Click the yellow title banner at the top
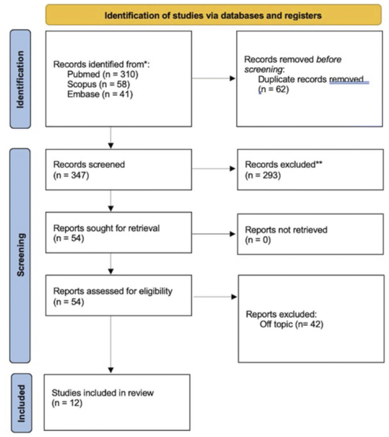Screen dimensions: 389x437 [213, 15]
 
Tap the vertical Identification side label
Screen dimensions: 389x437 [20, 79]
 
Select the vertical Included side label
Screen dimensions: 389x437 [21, 403]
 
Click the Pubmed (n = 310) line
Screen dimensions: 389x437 [102, 75]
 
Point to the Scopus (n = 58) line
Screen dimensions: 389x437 [98, 84]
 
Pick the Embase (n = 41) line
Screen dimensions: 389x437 [100, 94]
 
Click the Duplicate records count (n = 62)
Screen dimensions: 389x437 [274, 89]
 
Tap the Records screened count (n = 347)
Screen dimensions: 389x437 [71, 175]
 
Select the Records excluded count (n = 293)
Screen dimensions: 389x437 [263, 175]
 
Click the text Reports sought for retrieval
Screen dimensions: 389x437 [106, 228]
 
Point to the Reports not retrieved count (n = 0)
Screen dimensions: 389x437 [258, 240]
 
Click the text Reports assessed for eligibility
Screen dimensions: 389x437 [113, 291]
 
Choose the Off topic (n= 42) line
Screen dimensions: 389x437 [292, 324]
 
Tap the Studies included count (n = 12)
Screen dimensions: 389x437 [67, 403]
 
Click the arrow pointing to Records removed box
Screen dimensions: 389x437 [214, 78]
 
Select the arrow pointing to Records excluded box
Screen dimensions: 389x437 [214, 169]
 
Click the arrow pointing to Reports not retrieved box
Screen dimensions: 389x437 [214, 234]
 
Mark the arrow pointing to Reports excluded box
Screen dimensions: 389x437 [215, 297]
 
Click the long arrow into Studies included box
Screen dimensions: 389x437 [111, 345]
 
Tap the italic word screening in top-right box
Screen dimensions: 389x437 [264, 69]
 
